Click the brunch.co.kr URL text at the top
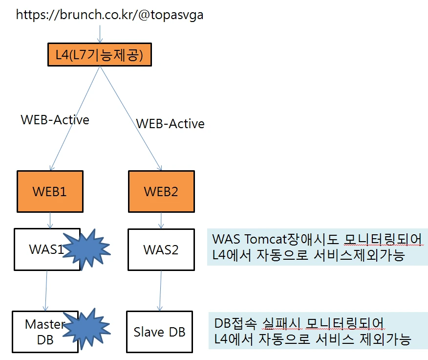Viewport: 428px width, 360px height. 110,15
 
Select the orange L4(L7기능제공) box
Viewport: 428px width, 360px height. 100,54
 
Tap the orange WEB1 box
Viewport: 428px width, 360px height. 50,191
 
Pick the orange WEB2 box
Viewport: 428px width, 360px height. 161,191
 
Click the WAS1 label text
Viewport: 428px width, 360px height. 46,249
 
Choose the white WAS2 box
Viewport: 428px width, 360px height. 161,249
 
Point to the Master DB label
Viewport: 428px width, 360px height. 45,332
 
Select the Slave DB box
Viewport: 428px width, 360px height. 160,332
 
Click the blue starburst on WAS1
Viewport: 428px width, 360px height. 87,249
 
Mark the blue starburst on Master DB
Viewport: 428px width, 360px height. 87,329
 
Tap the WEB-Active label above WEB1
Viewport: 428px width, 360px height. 55,120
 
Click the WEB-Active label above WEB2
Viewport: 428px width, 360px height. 171,124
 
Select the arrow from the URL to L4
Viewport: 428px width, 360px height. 100,34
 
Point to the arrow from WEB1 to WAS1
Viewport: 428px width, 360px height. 50,220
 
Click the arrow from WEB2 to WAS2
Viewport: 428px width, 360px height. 161,220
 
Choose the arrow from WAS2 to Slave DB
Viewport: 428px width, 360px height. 160,291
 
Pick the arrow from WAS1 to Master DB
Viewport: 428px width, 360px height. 46,291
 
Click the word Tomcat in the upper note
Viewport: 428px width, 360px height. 264,239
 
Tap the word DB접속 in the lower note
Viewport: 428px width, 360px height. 235,323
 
